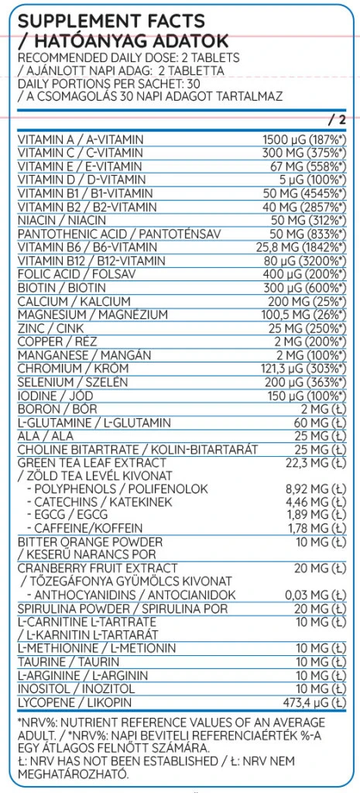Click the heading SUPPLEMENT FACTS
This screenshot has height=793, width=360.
pyautogui.click(x=111, y=21)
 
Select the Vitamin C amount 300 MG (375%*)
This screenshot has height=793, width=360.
pyautogui.click(x=303, y=153)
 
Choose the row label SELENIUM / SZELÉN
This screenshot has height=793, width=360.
pyautogui.click(x=67, y=382)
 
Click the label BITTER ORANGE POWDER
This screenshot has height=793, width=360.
pyautogui.click(x=90, y=541)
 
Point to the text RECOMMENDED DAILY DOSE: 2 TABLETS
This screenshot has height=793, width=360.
pyautogui.click(x=128, y=58)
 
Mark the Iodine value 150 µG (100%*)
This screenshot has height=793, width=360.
pyautogui.click(x=303, y=396)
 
